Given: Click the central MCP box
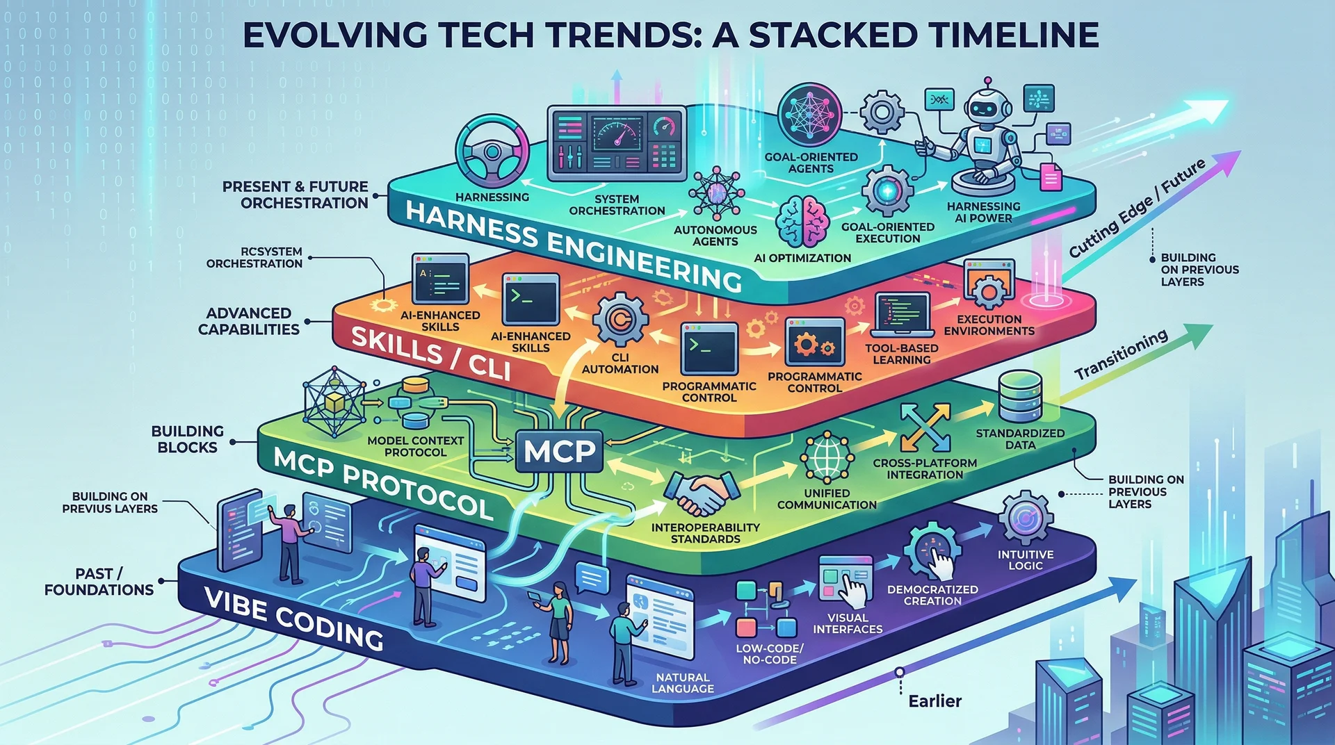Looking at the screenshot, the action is [560, 451].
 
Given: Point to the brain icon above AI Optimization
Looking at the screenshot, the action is [802, 222].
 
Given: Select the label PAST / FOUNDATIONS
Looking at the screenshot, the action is [99, 582].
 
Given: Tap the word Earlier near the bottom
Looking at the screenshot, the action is [935, 701].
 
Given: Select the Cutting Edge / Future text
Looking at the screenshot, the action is [1138, 208].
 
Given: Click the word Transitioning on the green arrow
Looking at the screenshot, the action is [1121, 354].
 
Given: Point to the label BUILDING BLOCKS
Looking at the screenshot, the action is [188, 439].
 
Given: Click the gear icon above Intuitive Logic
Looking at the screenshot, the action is [1026, 518].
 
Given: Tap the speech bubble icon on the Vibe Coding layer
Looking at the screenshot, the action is [592, 578].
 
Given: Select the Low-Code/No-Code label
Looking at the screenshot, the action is [770, 654].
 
